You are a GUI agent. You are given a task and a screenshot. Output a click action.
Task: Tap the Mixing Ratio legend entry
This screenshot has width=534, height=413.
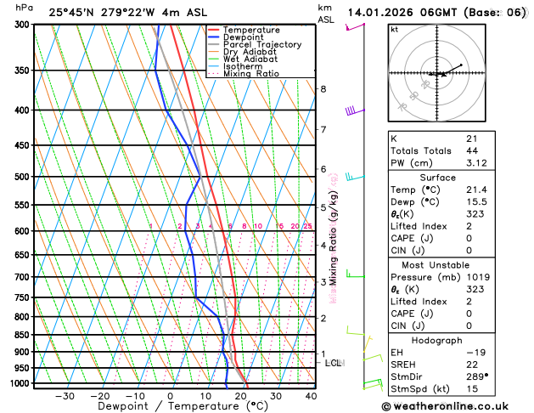pos(255,74)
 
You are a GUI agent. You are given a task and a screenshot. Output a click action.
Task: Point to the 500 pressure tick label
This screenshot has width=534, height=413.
pos(20,177)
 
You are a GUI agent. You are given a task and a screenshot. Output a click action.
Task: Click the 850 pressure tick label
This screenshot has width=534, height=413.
pos(20,335)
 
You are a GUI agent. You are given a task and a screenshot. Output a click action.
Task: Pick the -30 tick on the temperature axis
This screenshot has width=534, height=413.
pos(65,396)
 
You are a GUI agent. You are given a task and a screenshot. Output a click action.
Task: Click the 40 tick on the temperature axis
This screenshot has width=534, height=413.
pos(311,396)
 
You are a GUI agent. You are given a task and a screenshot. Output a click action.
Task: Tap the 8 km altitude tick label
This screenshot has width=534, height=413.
pos(323,89)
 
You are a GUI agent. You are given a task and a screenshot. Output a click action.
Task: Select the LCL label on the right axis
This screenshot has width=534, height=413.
pos(334,363)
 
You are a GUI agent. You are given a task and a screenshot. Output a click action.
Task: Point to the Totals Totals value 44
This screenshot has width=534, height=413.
pos(471,150)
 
